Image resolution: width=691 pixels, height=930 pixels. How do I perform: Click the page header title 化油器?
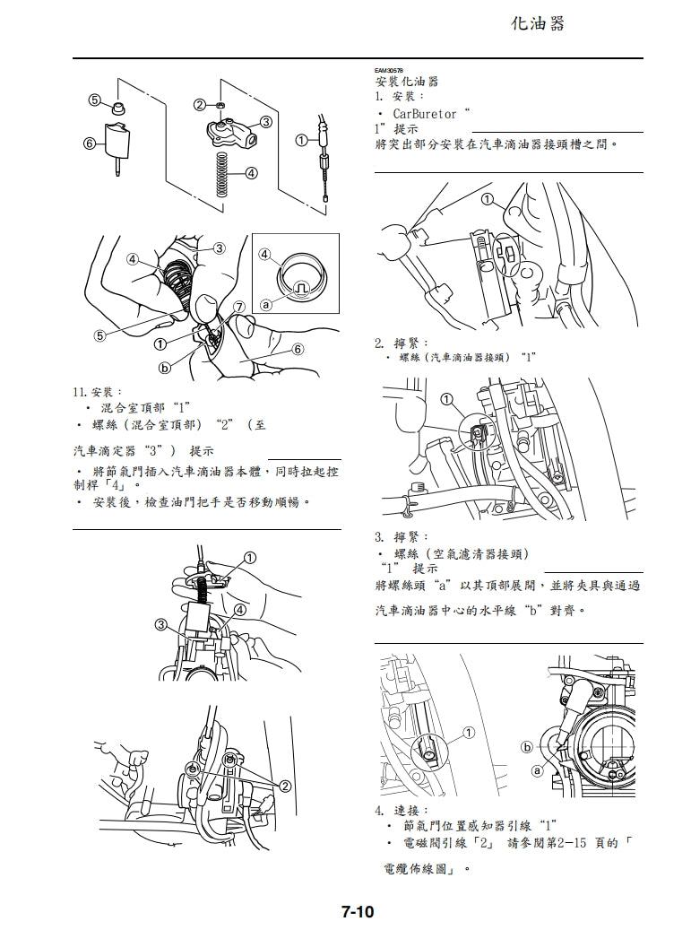[x=538, y=24]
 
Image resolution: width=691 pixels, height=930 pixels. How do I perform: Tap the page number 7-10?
[x=357, y=912]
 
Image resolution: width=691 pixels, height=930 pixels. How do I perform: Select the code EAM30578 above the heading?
[x=388, y=70]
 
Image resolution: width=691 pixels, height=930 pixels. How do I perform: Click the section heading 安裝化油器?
[x=406, y=82]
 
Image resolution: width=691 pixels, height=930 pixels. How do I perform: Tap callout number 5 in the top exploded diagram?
[x=93, y=100]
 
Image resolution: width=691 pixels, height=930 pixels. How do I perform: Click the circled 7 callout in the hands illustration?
[x=238, y=307]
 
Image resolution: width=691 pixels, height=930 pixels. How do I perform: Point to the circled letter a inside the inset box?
[x=265, y=306]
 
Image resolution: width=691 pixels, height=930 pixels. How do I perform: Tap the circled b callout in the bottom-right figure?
[x=527, y=747]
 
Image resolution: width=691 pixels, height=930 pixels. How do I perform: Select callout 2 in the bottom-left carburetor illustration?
[x=285, y=787]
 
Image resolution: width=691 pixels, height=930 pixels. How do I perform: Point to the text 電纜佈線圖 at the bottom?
[x=416, y=870]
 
